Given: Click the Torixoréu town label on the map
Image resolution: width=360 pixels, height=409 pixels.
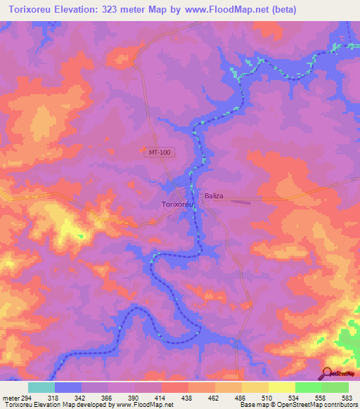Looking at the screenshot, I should [174, 204].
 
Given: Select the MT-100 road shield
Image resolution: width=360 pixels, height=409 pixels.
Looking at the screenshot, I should [159, 152].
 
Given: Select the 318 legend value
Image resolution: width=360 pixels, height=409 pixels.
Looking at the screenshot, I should [54, 398].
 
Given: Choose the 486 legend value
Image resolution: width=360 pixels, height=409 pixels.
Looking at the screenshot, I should [241, 398].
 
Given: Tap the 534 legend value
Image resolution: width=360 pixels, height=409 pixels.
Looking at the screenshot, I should [295, 398].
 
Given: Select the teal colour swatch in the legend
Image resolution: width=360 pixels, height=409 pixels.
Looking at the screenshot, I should [41, 387].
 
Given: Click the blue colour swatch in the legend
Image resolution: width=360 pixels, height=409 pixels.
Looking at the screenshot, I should [67, 387].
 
